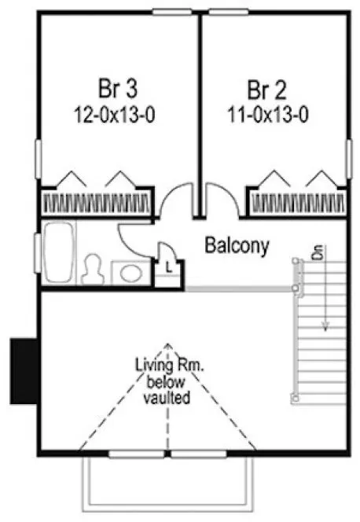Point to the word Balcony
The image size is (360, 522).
coord(237,246)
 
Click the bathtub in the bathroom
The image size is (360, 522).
coord(57,253)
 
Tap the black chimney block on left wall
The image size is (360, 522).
coord(21,369)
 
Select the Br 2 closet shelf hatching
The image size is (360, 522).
coord(297,204)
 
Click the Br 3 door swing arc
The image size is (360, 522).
coord(174,201)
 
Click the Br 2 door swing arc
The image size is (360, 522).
coord(222,201)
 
